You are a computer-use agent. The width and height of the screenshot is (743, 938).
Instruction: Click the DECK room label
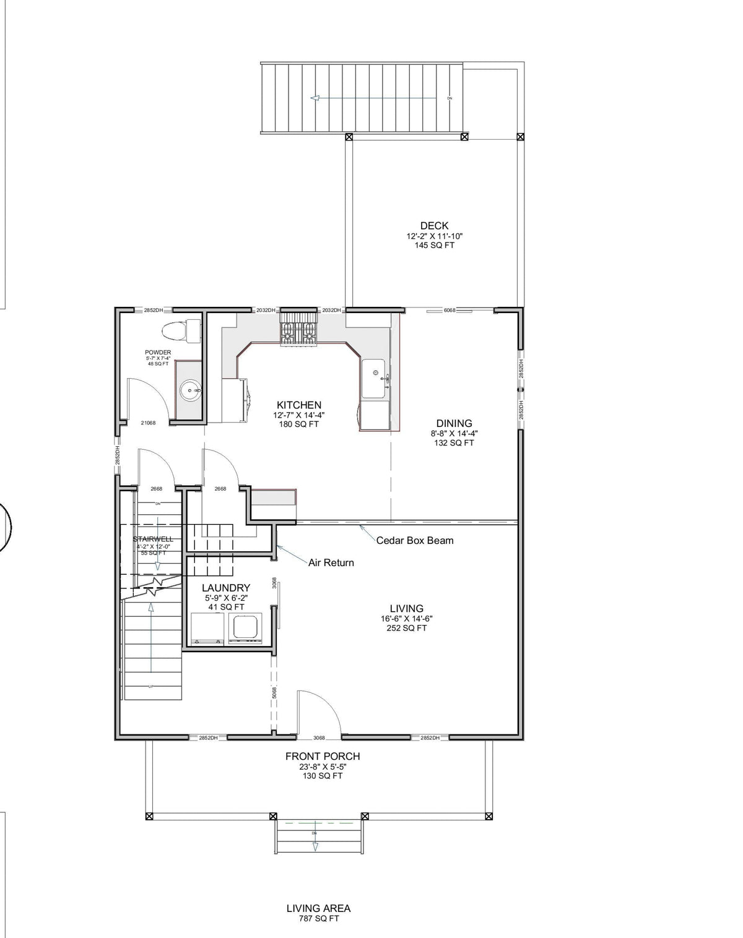(434, 226)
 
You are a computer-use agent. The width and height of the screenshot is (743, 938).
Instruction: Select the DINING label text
(454, 424)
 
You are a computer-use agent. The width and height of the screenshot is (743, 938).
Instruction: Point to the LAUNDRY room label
(226, 588)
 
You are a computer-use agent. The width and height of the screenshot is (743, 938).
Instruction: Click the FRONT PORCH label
(322, 756)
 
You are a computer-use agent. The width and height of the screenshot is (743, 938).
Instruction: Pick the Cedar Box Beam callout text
(415, 540)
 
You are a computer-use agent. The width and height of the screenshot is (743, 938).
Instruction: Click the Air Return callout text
(331, 562)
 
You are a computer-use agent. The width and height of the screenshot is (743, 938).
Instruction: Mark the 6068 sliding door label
(450, 310)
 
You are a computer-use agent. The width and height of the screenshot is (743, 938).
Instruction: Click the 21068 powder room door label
(148, 423)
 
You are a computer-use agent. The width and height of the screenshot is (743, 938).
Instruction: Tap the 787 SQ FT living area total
(318, 919)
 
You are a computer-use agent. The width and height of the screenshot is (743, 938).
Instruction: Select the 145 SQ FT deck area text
(434, 246)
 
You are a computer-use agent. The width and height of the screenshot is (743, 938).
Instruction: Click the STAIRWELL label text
(152, 539)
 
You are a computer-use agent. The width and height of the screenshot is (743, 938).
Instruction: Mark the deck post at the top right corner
(521, 137)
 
